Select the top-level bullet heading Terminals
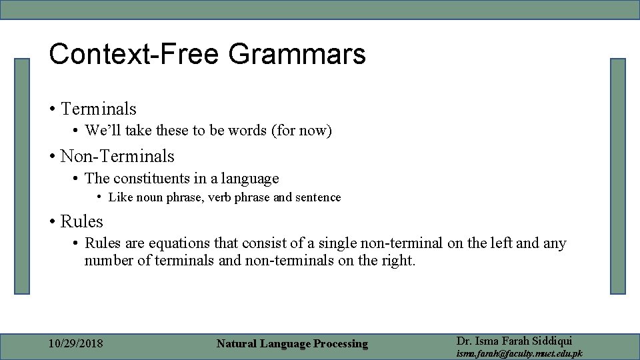click(98, 109)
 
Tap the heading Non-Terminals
click(117, 156)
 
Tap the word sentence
click(317, 197)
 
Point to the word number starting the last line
click(108, 261)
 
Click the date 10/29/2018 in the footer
click(75, 344)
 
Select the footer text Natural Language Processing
click(292, 344)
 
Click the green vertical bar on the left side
click(23, 176)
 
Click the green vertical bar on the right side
click(618, 176)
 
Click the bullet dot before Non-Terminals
click(51, 157)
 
